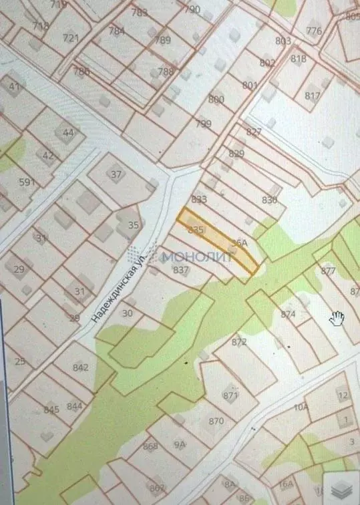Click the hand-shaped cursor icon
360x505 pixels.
337,317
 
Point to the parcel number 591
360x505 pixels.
27,182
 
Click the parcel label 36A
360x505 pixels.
238,243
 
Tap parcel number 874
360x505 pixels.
288,314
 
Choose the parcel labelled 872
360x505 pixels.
239,342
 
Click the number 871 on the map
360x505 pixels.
230,396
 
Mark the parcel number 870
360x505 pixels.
216,421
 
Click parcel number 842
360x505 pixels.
81,367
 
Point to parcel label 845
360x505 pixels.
51,409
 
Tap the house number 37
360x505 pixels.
117,175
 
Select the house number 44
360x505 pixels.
68,132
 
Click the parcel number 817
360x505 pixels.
312,96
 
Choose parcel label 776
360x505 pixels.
313,31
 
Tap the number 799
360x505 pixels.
203,124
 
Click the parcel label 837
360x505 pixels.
180,270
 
